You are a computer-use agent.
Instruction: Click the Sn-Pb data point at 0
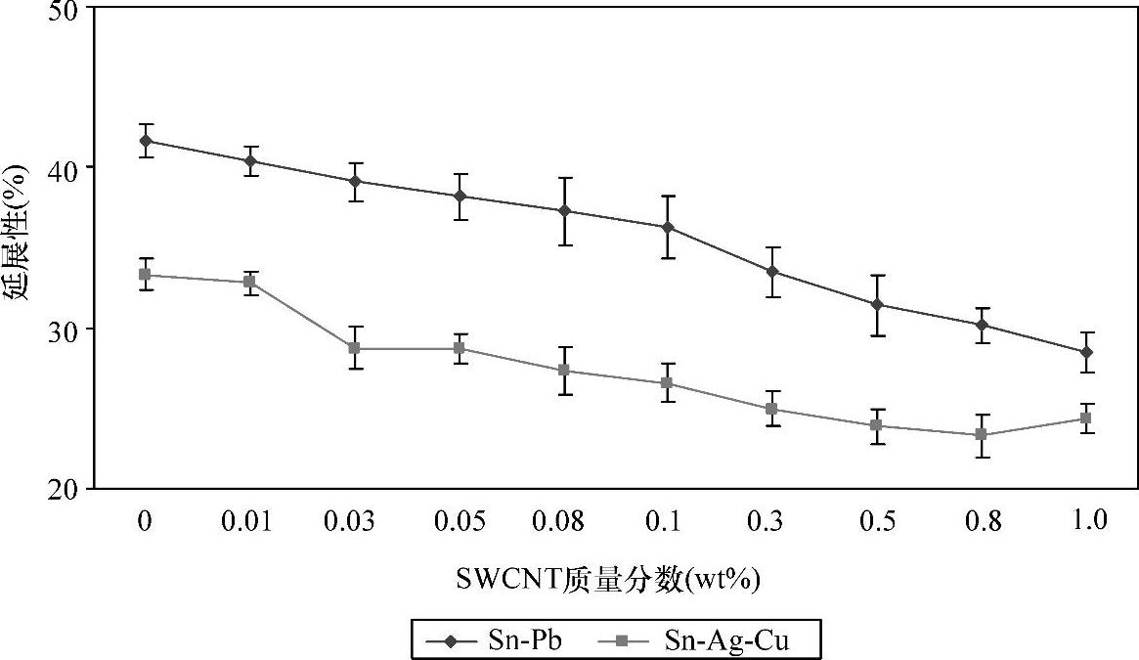pyautogui.click(x=146, y=141)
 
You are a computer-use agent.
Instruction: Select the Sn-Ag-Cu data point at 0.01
pyautogui.click(x=249, y=282)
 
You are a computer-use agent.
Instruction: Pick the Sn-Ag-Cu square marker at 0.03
pyautogui.click(x=354, y=348)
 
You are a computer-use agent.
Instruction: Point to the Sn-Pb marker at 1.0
pyautogui.click(x=1086, y=352)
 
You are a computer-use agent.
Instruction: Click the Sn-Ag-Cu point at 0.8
pyautogui.click(x=982, y=434)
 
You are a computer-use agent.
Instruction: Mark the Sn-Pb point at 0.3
pyautogui.click(x=772, y=271)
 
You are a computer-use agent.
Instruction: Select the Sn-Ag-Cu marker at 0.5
pyautogui.click(x=877, y=425)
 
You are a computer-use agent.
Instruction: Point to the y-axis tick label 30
pyautogui.click(x=66, y=328)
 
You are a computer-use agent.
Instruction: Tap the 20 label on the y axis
pyautogui.click(x=66, y=488)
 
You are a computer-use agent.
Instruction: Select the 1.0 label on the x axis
pyautogui.click(x=1087, y=521)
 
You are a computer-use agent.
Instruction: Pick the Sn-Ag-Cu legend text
pyautogui.click(x=725, y=640)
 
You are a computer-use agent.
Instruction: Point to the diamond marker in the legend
pyautogui.click(x=450, y=641)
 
